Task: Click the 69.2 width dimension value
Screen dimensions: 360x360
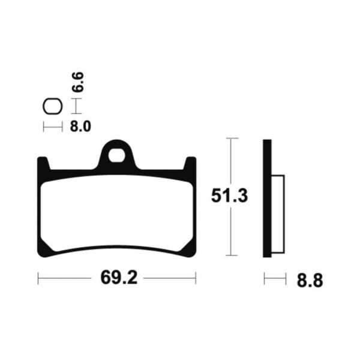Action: (x=116, y=279)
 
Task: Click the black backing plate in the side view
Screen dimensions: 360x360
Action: (x=267, y=198)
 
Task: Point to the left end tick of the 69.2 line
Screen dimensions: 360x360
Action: (x=38, y=278)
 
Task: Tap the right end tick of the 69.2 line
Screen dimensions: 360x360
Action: (x=196, y=278)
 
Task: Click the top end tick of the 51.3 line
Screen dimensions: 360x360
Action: (x=232, y=139)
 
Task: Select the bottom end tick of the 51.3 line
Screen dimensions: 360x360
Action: (x=232, y=256)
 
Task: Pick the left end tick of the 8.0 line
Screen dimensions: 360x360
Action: (x=43, y=127)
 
